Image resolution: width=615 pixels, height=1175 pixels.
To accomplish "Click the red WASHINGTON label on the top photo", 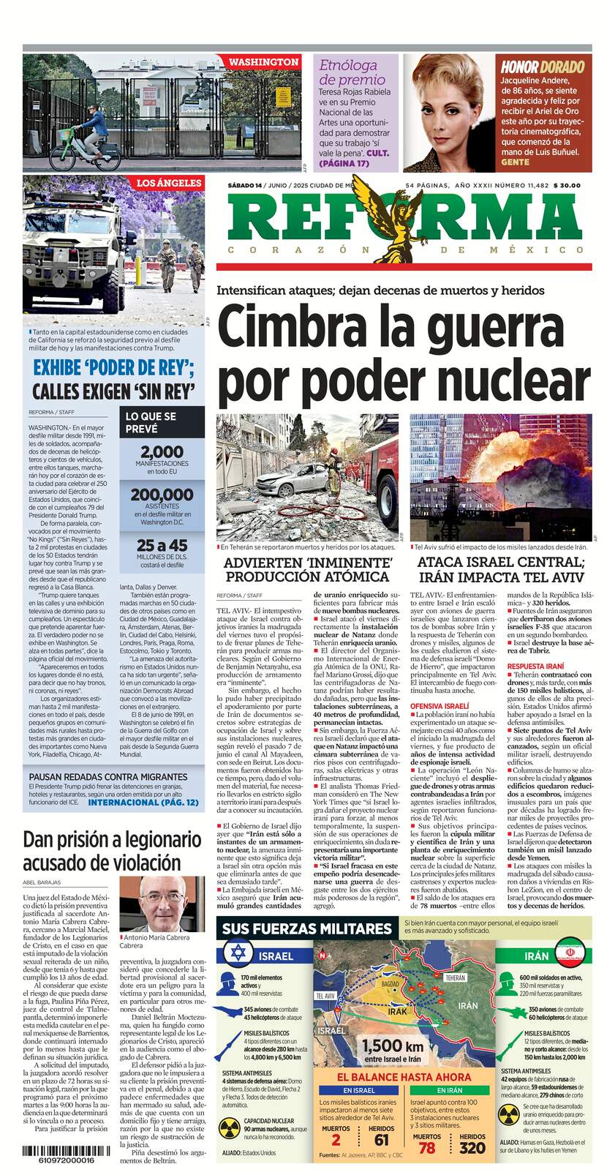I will (x=263, y=62).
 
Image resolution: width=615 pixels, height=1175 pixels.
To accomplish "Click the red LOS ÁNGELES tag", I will (x=168, y=183).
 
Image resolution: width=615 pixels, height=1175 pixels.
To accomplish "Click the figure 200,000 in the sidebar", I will (x=162, y=495).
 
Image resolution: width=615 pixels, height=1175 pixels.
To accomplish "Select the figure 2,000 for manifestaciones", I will (x=162, y=452).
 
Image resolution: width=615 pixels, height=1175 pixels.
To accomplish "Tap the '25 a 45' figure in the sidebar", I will (x=162, y=545).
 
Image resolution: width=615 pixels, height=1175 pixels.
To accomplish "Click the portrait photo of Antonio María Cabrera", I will (x=162, y=904).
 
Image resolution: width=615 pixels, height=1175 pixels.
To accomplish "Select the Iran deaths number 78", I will (x=426, y=1148).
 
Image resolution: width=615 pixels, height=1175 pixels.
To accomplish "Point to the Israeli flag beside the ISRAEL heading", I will (x=235, y=953).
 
